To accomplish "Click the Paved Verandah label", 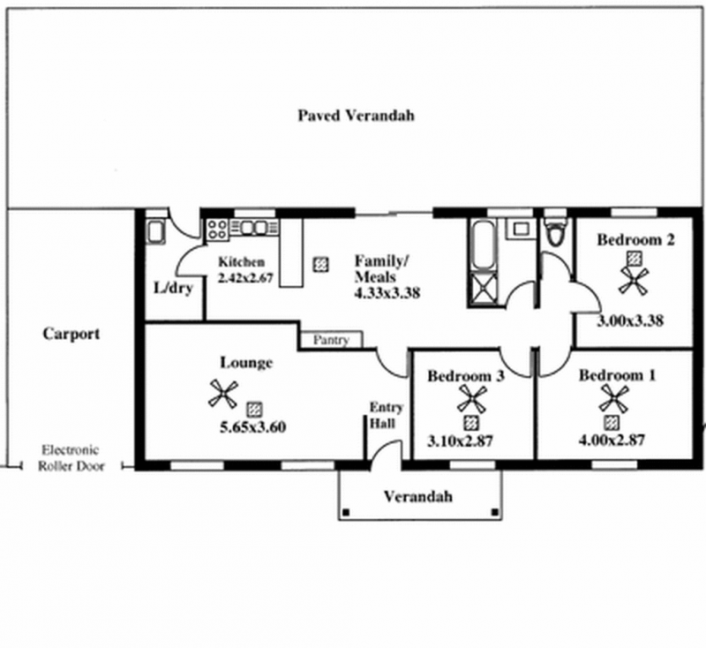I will tap(356, 116).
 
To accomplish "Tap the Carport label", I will tap(71, 334).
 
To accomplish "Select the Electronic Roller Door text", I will tap(71, 457).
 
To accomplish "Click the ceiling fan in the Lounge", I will tap(222, 394).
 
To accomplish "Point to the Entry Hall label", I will tap(386, 415).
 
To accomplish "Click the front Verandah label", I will tap(417, 496).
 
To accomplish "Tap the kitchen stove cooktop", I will tap(217, 230).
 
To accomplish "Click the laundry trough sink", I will tap(156, 232).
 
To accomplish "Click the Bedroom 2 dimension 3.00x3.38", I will tap(630, 320).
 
